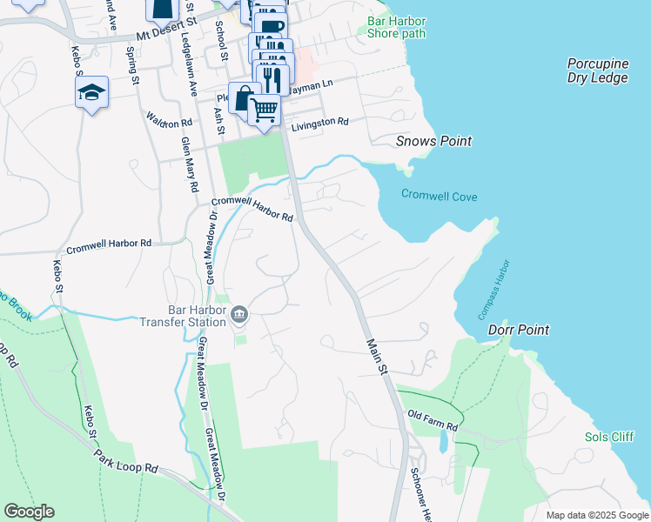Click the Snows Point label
pos(433,141)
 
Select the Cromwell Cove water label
pos(439,197)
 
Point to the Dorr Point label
pos(519,330)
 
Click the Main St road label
pos(375,357)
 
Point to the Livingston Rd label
pos(319,123)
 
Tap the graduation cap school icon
pos(91,92)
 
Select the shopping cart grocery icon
pos(265,110)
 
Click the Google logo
pos(30,512)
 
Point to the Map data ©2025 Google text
pos(596,515)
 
